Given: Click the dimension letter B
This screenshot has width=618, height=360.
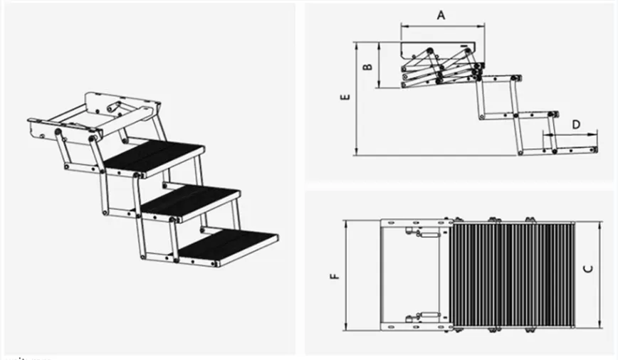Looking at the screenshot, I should coord(367,66).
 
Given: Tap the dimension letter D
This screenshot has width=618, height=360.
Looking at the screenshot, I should coord(576,125).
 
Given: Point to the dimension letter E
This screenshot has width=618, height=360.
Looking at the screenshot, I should coord(345,99).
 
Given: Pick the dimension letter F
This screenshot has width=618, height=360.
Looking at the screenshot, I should coord(335,274).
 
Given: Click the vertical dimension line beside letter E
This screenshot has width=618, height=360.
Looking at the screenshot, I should coord(355,99).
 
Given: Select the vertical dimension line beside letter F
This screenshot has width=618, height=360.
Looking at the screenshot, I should coord(345,275).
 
